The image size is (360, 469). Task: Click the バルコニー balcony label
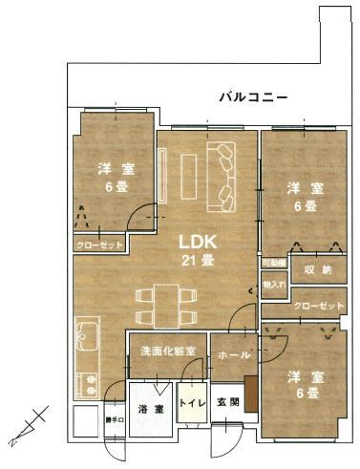[x=247, y=97]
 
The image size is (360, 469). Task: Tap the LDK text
[x=198, y=241]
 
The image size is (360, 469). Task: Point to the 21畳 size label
[x=198, y=259]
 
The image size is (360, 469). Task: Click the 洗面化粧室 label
[x=168, y=351]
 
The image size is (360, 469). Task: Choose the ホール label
[x=234, y=355]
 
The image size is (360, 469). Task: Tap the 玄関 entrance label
[x=226, y=403]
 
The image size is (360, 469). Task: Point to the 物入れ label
[x=274, y=284]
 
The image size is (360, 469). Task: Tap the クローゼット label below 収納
[x=318, y=306]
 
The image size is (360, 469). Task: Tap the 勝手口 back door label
[x=115, y=419]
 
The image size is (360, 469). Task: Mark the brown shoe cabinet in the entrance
[x=250, y=393]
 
